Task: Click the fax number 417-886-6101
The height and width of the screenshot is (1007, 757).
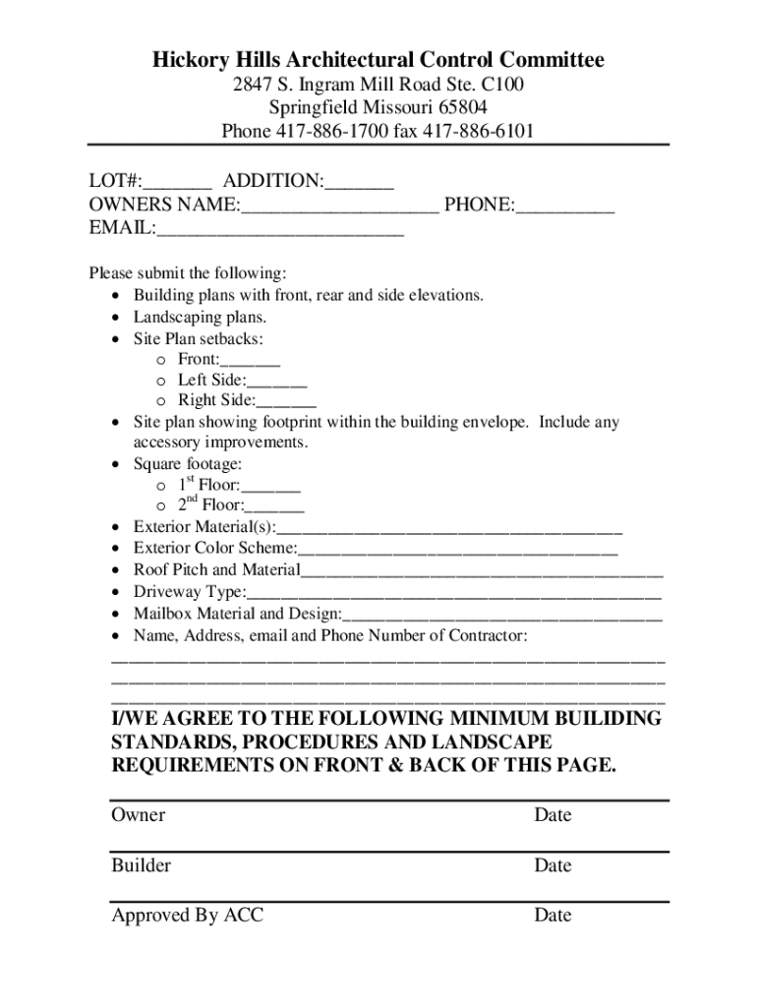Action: click(x=478, y=131)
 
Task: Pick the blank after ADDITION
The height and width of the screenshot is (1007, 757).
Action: click(x=359, y=183)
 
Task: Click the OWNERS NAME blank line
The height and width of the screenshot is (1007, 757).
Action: click(x=339, y=207)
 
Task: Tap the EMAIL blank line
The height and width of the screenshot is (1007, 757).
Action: click(x=280, y=230)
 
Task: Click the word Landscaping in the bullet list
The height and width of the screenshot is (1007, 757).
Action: click(x=178, y=317)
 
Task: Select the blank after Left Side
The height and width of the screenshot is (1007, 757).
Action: click(x=277, y=381)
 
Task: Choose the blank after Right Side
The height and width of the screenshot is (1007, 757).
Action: click(x=286, y=401)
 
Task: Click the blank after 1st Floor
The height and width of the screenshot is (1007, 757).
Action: click(x=270, y=486)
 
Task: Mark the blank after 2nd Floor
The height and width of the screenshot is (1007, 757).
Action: click(x=274, y=506)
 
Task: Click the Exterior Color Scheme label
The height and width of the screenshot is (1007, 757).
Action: click(x=214, y=548)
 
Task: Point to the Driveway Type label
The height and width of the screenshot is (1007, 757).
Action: click(x=189, y=592)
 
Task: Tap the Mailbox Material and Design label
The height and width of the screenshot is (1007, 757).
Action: click(x=237, y=614)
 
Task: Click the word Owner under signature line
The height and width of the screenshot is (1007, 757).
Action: click(x=139, y=815)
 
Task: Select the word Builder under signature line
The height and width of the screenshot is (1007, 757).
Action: click(x=142, y=865)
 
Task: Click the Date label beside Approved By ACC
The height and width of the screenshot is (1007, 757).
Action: click(x=553, y=916)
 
